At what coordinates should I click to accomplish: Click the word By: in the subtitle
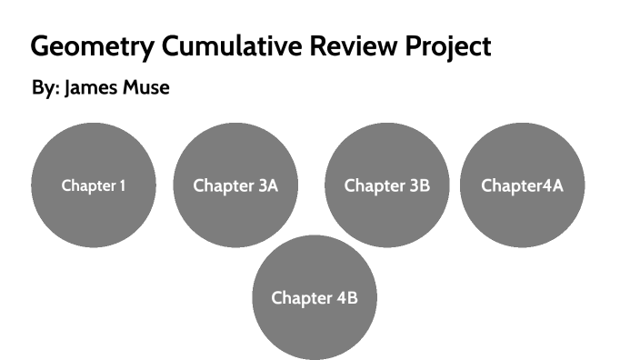(x=45, y=89)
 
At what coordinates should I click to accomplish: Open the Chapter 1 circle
(x=94, y=185)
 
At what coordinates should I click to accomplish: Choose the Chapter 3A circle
(x=235, y=185)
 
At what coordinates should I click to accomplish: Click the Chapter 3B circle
(x=387, y=185)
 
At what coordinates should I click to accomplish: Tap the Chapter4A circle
(x=522, y=185)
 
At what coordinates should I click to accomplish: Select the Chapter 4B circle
(x=314, y=297)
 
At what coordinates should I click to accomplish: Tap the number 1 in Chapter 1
(x=122, y=186)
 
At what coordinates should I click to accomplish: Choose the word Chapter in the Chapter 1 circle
(x=88, y=186)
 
